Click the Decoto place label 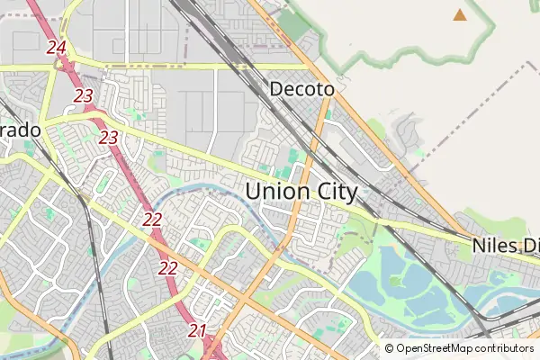(x=302, y=90)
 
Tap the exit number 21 (x=198, y=330)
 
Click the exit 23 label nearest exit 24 (x=84, y=95)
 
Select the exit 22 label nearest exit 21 (x=168, y=267)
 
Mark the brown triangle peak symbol (x=460, y=14)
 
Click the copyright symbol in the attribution (x=390, y=348)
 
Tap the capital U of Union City (x=254, y=192)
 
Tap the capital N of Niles (x=478, y=245)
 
